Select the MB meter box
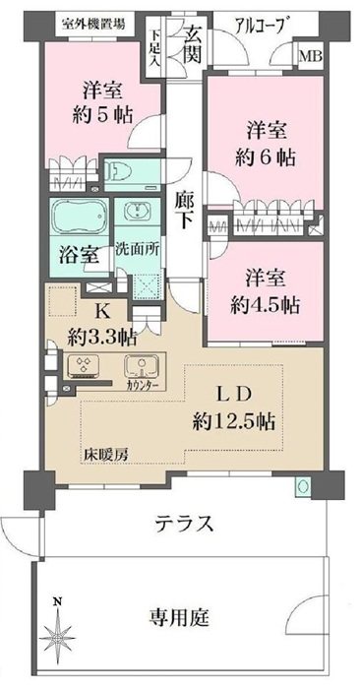coord(311,56)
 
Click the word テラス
coord(184,523)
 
